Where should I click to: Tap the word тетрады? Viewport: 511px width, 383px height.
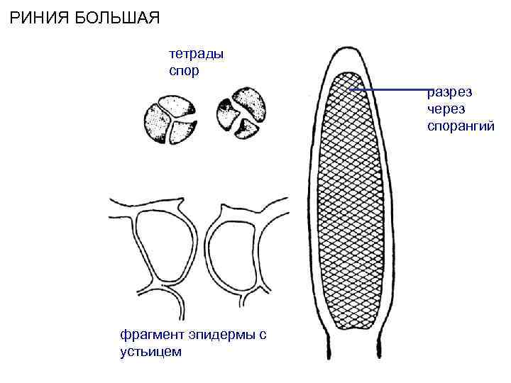196,53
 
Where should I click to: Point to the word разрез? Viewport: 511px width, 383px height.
449,92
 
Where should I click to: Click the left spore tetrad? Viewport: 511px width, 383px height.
170,118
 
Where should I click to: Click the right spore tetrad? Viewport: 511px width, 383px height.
243,111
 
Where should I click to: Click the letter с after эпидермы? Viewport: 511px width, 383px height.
263,334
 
